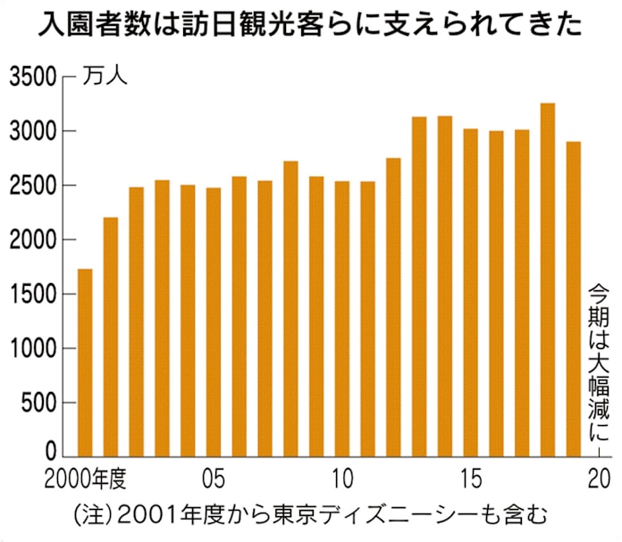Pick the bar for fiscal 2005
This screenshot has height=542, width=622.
point(214,321)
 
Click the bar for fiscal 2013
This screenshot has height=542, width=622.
point(419,286)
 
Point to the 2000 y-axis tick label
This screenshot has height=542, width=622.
point(33,240)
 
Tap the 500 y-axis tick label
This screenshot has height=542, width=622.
point(39,403)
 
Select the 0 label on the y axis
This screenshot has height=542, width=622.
point(52,453)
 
